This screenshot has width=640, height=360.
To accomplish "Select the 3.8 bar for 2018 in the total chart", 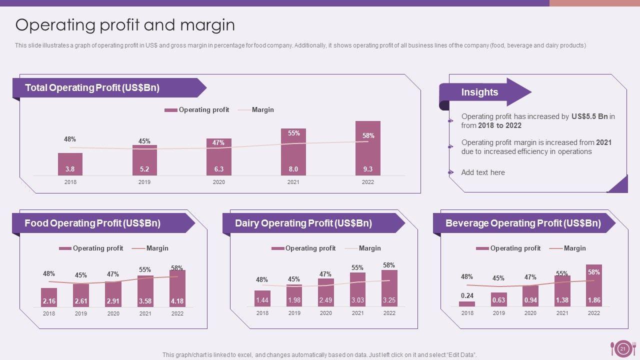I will tap(70, 164).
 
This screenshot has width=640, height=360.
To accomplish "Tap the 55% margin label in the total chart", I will tap(293, 133).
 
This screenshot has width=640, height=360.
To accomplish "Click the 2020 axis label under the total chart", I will tap(219, 182).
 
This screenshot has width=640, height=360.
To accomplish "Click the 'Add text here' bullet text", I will tap(483, 172).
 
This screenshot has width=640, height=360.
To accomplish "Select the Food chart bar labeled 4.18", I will tap(177, 289).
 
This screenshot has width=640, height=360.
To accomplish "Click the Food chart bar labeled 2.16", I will tap(49, 297).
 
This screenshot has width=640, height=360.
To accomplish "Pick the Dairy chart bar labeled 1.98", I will tap(294, 296).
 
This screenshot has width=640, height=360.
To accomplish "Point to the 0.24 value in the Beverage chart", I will tap(467, 295).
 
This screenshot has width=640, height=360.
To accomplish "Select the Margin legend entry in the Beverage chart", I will tap(574, 248).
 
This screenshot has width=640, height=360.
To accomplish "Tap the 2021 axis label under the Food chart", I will tap(145, 313).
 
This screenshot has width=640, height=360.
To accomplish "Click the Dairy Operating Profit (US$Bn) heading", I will tap(303, 223).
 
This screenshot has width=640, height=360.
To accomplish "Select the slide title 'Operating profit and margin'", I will tap(125, 25).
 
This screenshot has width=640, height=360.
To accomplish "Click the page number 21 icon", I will tap(623, 349).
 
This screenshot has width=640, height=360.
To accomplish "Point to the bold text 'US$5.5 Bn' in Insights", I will tap(589, 116).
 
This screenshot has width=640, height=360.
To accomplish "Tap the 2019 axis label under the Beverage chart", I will tap(499, 313).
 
